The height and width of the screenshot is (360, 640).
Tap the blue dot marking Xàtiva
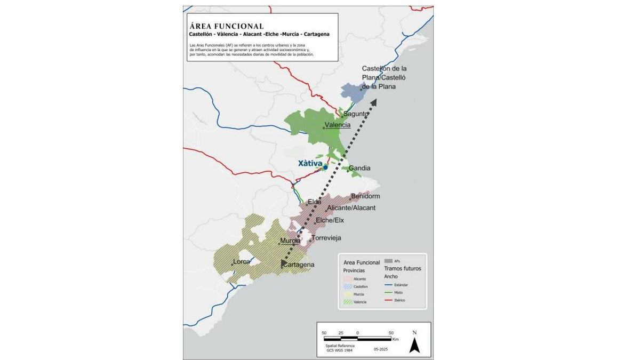click(325, 167)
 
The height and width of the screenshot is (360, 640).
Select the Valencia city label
click(338, 125)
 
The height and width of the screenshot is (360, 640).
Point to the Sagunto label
click(355, 114)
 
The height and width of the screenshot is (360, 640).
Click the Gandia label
click(359, 168)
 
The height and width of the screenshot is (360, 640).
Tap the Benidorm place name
click(365, 196)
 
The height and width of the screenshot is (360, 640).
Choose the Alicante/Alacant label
click(351, 207)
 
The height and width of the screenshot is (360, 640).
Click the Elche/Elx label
click(330, 220)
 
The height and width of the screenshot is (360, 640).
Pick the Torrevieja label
click(326, 238)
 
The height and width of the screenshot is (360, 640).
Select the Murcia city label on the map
click(290, 241)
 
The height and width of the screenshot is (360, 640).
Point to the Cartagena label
click(299, 265)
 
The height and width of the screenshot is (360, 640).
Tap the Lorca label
click(242, 262)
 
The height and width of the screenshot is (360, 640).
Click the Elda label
click(314, 202)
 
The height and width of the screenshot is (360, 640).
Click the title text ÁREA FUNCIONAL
click(226, 26)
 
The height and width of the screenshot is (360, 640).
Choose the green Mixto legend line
click(389, 293)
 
